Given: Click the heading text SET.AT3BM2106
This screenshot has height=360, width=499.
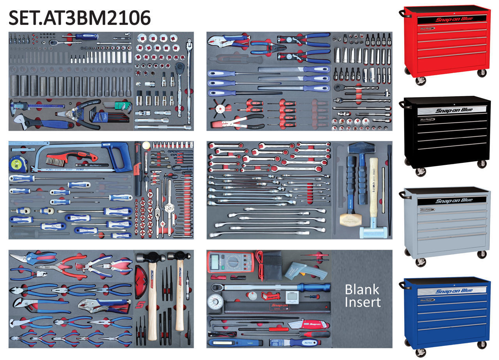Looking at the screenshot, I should [x=80, y=18].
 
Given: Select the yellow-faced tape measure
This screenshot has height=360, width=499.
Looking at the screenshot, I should [x=16, y=163].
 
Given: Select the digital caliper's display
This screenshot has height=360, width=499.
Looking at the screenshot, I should [x=20, y=106].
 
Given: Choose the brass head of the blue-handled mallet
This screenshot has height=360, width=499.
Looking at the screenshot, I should [x=348, y=218].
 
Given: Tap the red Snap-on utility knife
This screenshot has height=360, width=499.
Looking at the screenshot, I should [x=312, y=324].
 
